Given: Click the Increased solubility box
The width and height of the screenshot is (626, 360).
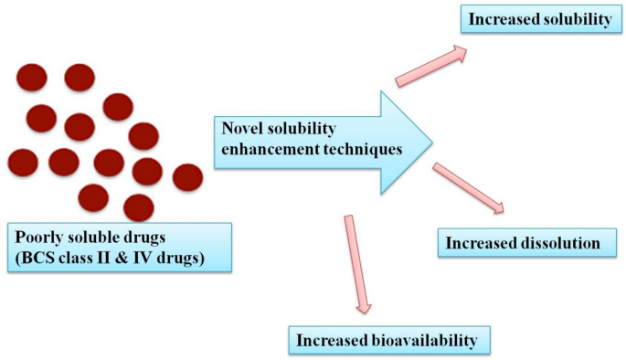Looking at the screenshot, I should coord(540,19).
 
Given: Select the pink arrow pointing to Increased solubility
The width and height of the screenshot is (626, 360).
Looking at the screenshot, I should coord(431,68).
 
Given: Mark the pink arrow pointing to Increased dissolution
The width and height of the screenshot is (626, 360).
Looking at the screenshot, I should coord(468,188).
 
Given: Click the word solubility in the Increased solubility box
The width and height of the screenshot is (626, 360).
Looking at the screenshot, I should coord(574,19).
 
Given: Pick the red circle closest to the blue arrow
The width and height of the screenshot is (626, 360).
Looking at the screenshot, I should coord(187,177).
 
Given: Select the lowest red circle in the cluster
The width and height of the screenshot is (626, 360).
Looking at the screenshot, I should coord(139,206).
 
